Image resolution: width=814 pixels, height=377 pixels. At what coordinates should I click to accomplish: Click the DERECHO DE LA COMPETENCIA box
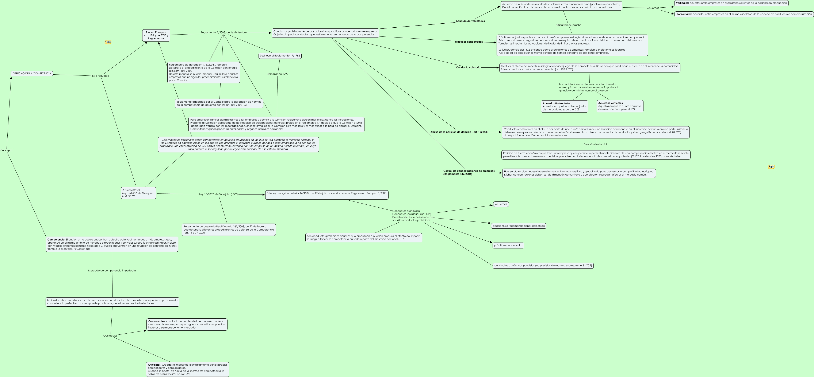[x=32, y=74]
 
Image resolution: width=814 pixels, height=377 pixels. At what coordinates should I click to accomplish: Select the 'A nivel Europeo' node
[x=156, y=35]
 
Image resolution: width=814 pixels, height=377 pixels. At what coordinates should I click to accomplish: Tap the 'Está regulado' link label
[x=100, y=76]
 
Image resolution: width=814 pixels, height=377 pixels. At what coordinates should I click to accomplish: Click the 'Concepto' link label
[x=6, y=150]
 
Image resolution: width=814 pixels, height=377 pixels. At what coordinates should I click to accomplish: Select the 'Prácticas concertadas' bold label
[x=469, y=42]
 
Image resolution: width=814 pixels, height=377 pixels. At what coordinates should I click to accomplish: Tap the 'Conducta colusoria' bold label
[x=468, y=67]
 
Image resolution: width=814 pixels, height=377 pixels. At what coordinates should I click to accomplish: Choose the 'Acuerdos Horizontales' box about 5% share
[x=564, y=106]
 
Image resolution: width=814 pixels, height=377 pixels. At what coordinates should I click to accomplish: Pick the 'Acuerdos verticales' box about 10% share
[x=620, y=106]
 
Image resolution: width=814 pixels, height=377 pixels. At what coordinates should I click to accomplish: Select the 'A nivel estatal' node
[x=138, y=193]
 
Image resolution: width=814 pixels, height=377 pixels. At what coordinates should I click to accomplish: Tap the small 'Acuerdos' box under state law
[x=501, y=204]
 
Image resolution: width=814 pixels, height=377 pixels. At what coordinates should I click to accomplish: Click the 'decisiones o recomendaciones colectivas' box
[x=519, y=226]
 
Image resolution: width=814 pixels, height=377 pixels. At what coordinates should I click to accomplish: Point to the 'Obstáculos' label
[x=110, y=336]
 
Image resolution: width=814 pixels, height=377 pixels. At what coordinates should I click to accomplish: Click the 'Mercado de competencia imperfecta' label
[x=112, y=271]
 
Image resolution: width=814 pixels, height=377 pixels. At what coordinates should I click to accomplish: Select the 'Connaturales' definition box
[x=187, y=325]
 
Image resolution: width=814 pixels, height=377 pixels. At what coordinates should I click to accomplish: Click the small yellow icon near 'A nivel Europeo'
[x=108, y=42]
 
